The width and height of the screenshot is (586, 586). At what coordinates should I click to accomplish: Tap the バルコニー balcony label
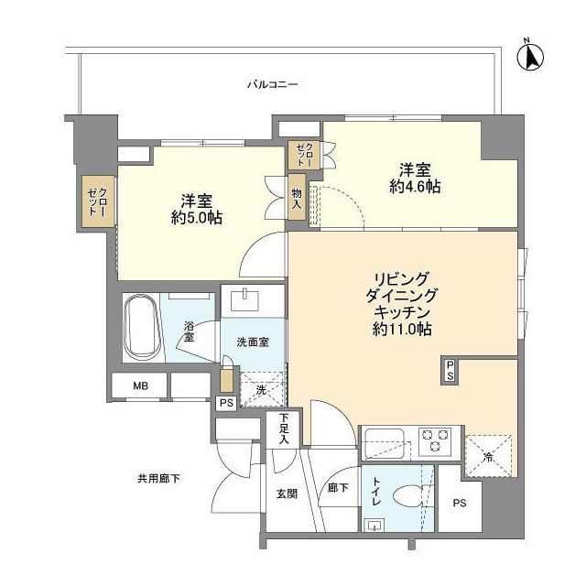(273, 85)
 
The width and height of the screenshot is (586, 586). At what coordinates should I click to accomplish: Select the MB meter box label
(139, 386)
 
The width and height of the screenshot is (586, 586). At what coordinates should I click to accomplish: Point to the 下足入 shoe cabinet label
(286, 429)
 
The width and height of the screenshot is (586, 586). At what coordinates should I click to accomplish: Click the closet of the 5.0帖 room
(97, 199)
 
